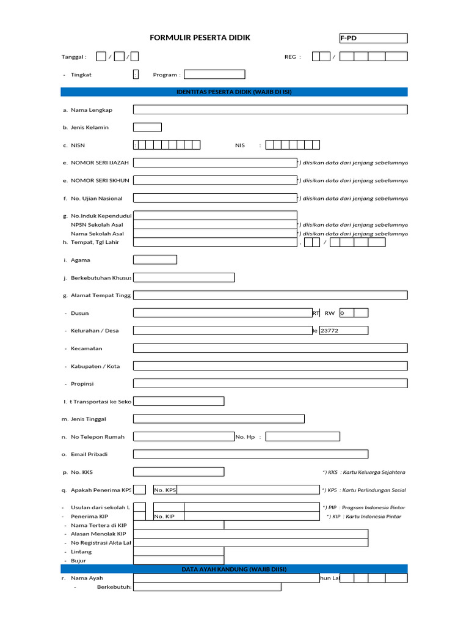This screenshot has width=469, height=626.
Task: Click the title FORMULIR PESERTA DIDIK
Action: point(200,38)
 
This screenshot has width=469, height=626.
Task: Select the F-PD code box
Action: point(373,39)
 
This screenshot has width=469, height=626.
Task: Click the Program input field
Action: point(214,75)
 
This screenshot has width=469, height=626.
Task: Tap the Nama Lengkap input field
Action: point(270,110)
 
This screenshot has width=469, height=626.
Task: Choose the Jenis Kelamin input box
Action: point(147,127)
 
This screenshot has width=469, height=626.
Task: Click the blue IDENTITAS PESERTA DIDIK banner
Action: point(234,92)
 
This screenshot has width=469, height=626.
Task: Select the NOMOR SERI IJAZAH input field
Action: point(215,163)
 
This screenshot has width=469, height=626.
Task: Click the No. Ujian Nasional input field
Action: point(215,198)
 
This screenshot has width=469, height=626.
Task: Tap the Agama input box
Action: point(155,260)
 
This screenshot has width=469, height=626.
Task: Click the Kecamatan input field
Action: point(270,348)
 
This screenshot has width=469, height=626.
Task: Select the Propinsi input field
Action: point(270,383)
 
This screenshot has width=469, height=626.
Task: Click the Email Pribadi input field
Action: point(250,454)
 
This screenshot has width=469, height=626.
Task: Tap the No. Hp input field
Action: point(302,437)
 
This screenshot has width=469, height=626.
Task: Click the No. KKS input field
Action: point(178,472)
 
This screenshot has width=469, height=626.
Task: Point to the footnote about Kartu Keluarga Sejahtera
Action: point(364,473)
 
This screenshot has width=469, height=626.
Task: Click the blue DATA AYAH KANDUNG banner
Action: point(234,569)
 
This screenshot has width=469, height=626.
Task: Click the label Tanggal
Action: point(74,57)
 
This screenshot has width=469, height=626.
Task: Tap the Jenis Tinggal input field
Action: point(219,419)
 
